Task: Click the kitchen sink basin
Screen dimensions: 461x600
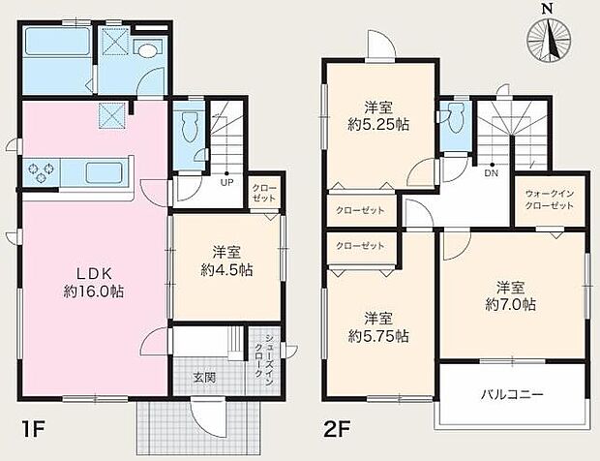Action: pos(105,172)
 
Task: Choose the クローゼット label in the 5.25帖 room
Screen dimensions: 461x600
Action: pos(361,210)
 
